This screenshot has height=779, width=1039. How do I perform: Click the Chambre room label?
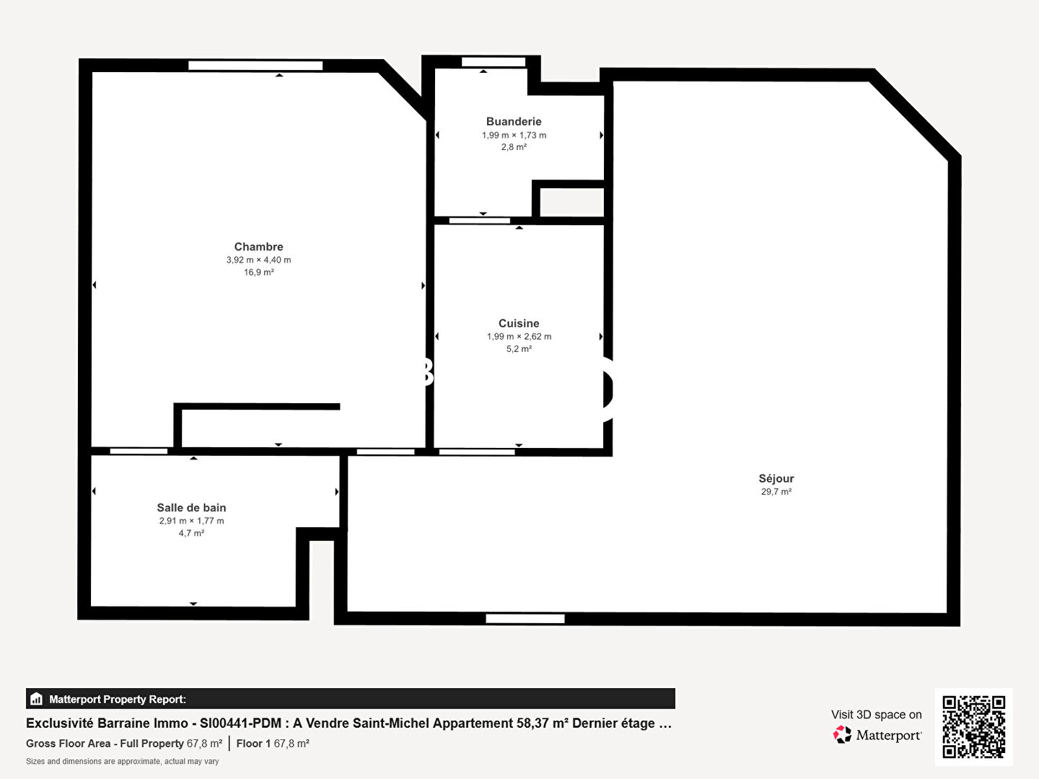pyautogui.click(x=258, y=247)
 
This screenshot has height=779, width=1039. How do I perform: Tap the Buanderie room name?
pyautogui.click(x=514, y=122)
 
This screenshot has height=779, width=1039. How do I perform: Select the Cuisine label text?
pyautogui.click(x=519, y=323)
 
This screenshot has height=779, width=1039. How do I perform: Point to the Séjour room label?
pyautogui.click(x=776, y=478)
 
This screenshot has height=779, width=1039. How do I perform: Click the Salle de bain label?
pyautogui.click(x=191, y=508)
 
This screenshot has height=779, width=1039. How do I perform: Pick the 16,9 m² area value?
pyautogui.click(x=259, y=272)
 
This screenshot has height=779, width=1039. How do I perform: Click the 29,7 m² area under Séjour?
pyautogui.click(x=776, y=491)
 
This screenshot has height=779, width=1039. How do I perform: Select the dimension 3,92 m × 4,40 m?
pyautogui.click(x=258, y=260)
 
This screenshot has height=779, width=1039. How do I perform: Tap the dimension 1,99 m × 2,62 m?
pyautogui.click(x=519, y=336)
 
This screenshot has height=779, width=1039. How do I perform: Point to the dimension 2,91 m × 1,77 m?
pyautogui.click(x=191, y=521)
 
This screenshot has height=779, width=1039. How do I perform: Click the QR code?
pyautogui.click(x=973, y=726)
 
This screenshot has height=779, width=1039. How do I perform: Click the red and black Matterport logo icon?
pyautogui.click(x=842, y=734)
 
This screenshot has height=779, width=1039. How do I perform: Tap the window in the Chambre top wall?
pyautogui.click(x=255, y=65)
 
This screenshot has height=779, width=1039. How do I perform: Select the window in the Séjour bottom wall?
pyautogui.click(x=525, y=619)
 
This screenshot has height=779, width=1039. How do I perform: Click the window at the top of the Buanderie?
pyautogui.click(x=494, y=62)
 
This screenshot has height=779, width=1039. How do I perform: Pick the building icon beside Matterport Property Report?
pyautogui.click(x=36, y=699)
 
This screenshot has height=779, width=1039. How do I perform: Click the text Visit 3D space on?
pyautogui.click(x=876, y=715)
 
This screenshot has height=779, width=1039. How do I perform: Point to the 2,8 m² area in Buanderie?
pyautogui.click(x=514, y=147)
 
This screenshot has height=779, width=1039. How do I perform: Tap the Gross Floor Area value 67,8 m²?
pyautogui.click(x=204, y=744)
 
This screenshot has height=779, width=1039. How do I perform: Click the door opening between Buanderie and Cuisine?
pyautogui.click(x=480, y=221)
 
